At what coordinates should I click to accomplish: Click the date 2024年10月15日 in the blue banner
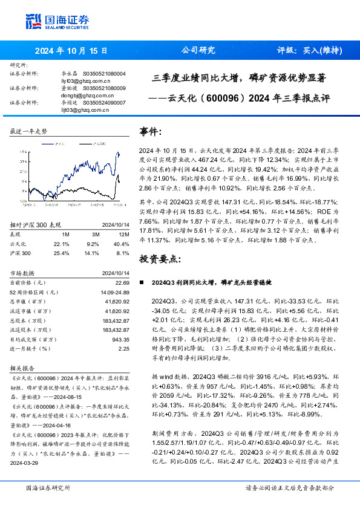[x=71, y=51]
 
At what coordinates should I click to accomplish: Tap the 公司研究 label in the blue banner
[x=198, y=51]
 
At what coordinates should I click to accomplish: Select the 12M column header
[x=124, y=234]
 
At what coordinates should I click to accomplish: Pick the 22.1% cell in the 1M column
[x=62, y=244]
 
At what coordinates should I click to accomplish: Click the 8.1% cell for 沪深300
[x=123, y=253]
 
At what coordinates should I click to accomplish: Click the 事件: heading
[x=151, y=131]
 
